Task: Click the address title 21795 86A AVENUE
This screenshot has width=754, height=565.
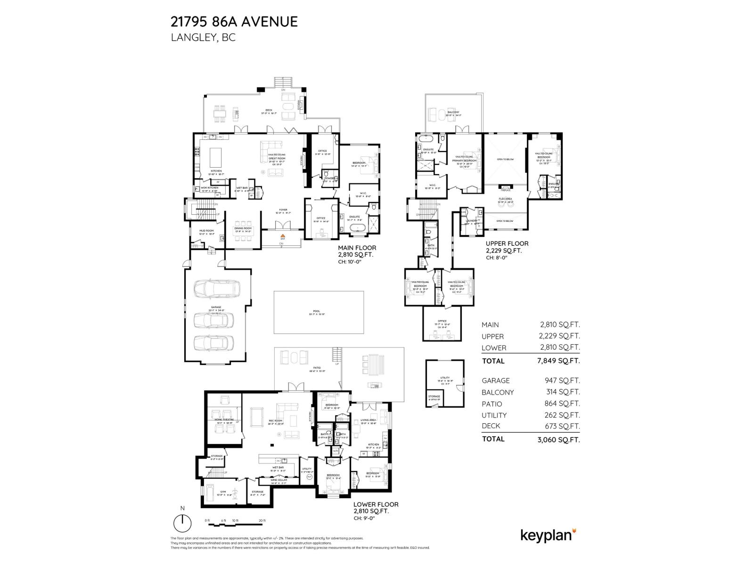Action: [x=234, y=22]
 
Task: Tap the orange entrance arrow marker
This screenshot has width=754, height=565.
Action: [x=283, y=235]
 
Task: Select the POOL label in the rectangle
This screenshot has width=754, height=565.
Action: [x=316, y=311]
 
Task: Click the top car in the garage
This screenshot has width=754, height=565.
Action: [x=216, y=288]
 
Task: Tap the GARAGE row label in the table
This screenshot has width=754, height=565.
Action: [x=495, y=380]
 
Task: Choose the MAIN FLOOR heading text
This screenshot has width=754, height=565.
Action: [x=357, y=248]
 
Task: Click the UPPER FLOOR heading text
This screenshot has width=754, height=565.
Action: [x=507, y=243]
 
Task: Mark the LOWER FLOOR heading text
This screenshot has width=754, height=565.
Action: [x=376, y=504]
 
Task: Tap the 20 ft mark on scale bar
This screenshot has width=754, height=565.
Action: [x=262, y=520]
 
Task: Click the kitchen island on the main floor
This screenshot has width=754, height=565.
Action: [x=216, y=155]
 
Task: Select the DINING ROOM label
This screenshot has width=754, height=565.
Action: [x=243, y=228]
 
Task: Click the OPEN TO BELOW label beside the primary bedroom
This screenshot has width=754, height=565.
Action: [x=505, y=160]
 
